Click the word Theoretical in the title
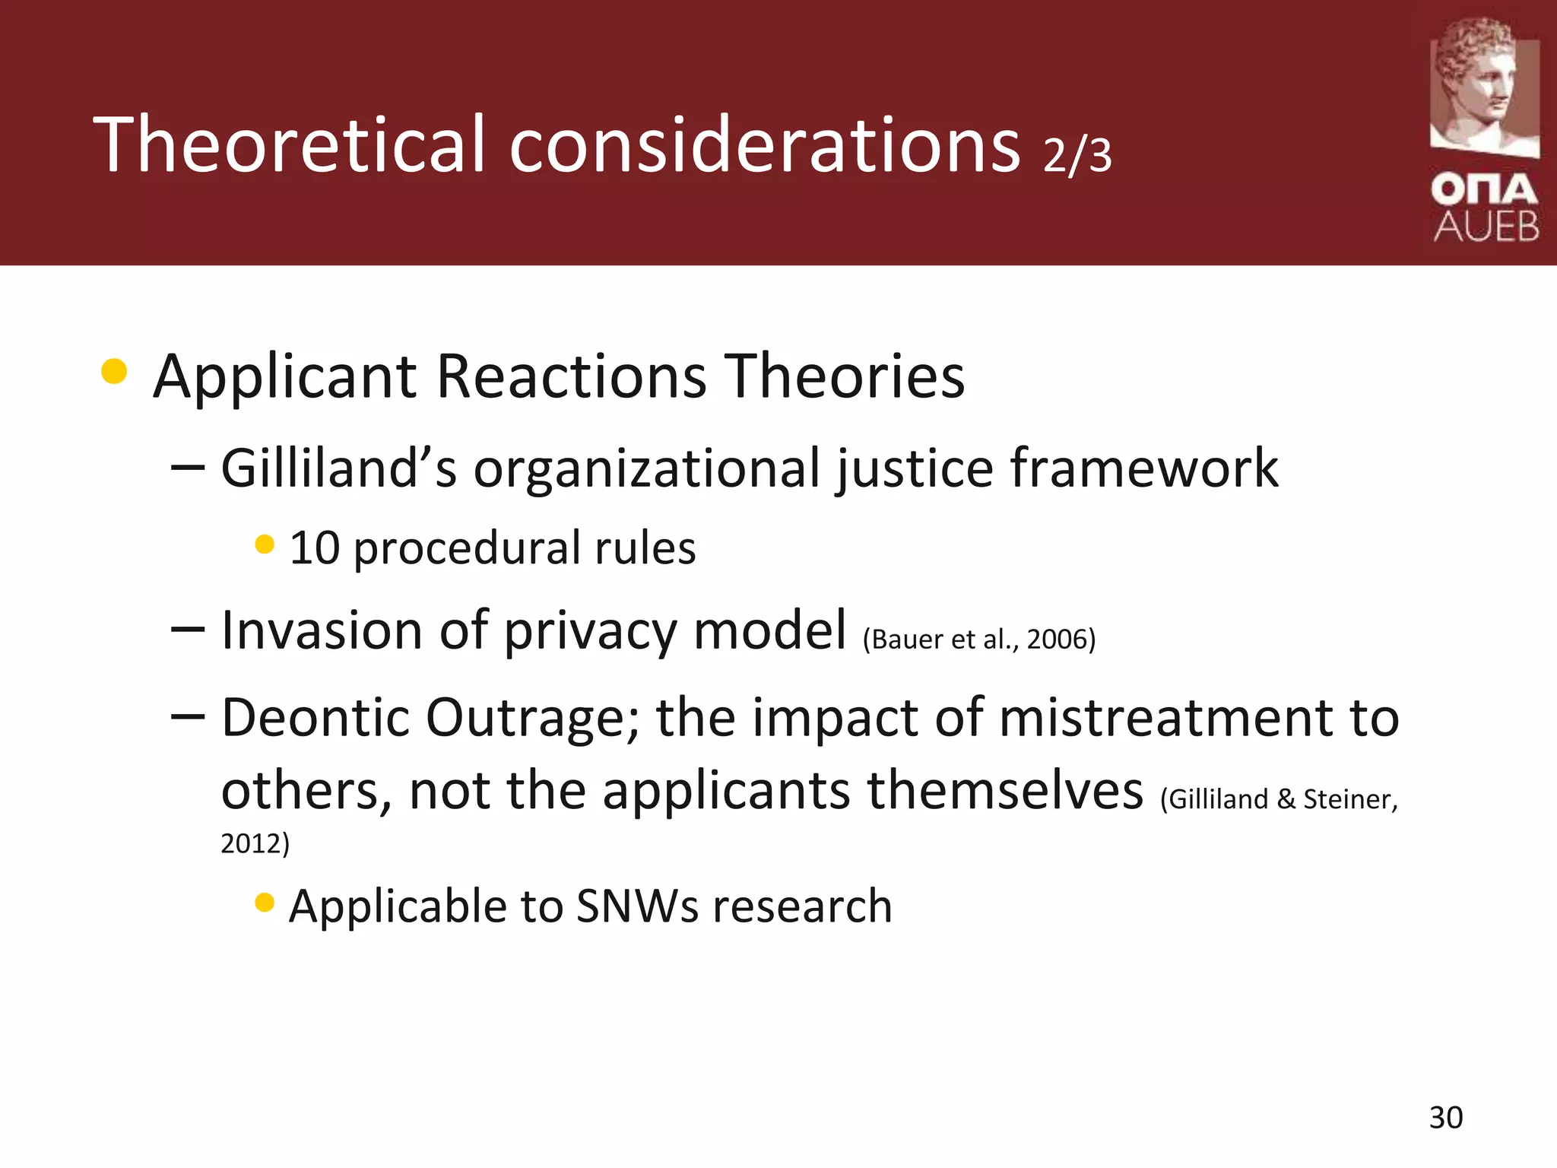[x=289, y=144]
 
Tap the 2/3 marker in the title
[x=1077, y=155]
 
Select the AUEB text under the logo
[x=1486, y=227]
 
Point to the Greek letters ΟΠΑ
[x=1484, y=189]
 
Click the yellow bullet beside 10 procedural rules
[x=265, y=544]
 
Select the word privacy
[x=590, y=630]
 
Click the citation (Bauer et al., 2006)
[x=979, y=639]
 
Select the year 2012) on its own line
[x=255, y=843]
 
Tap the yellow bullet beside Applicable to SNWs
[x=265, y=902]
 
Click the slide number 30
[x=1445, y=1117]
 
